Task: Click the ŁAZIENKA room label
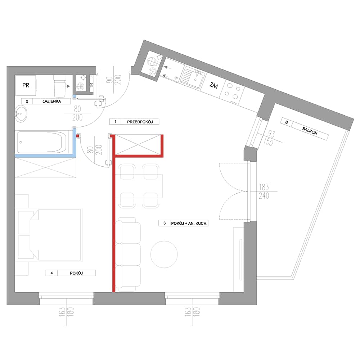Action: pos(51,101)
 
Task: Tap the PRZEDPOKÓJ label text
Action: pos(140,122)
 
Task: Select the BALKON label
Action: pos(310,131)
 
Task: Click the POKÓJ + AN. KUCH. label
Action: pos(189,223)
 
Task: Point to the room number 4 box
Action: pos(51,273)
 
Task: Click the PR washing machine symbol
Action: pos(26,85)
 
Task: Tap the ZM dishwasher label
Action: pos(213,85)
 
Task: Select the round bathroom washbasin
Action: pos(21,113)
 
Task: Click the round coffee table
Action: pos(164,255)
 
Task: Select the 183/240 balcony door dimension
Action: pos(264,191)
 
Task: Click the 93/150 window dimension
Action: pos(269,138)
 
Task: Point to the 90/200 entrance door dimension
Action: pos(114,80)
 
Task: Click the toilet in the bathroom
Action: pos(60,86)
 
